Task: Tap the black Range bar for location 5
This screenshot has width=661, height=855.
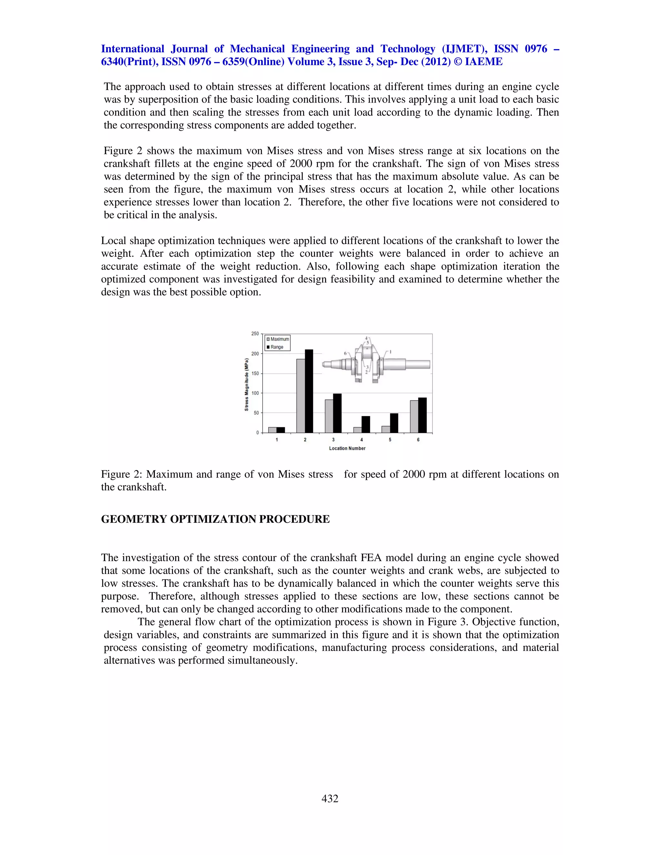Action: pos(394,423)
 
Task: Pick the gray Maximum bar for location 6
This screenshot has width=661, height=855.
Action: pos(414,416)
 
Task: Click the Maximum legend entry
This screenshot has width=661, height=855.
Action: pos(279,339)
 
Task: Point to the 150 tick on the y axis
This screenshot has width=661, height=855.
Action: pos(255,374)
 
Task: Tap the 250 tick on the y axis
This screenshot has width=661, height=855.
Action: pos(255,334)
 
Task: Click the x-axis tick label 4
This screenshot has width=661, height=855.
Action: pos(361,440)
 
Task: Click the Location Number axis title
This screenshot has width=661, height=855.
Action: pos(347,448)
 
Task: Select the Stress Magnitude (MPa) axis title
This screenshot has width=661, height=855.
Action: pos(247,384)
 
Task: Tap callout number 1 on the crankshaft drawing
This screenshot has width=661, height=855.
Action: pos(391,352)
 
